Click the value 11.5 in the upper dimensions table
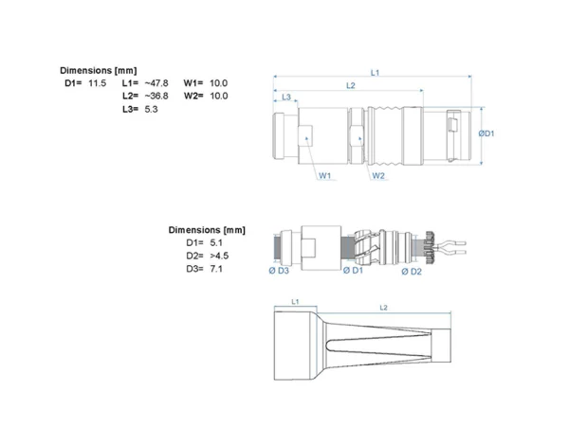(x=98, y=83)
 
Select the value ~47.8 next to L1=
(x=156, y=83)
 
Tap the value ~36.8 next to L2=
(x=156, y=96)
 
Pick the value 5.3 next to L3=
(x=151, y=109)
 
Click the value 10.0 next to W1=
(x=218, y=83)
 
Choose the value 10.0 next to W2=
(x=218, y=96)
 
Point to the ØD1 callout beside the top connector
(x=486, y=133)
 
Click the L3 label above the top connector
(x=286, y=98)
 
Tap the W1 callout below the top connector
(x=324, y=176)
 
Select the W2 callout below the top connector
(x=378, y=176)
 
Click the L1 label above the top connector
(x=375, y=73)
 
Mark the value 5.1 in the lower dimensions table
(x=216, y=242)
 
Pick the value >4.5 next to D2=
(x=219, y=256)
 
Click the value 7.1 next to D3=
(x=216, y=269)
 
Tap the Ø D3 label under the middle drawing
(x=279, y=271)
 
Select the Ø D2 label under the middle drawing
(x=412, y=272)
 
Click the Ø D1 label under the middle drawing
(x=353, y=270)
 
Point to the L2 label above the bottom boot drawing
(x=383, y=308)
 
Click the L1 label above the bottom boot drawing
(x=295, y=301)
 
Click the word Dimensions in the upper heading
(x=86, y=70)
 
